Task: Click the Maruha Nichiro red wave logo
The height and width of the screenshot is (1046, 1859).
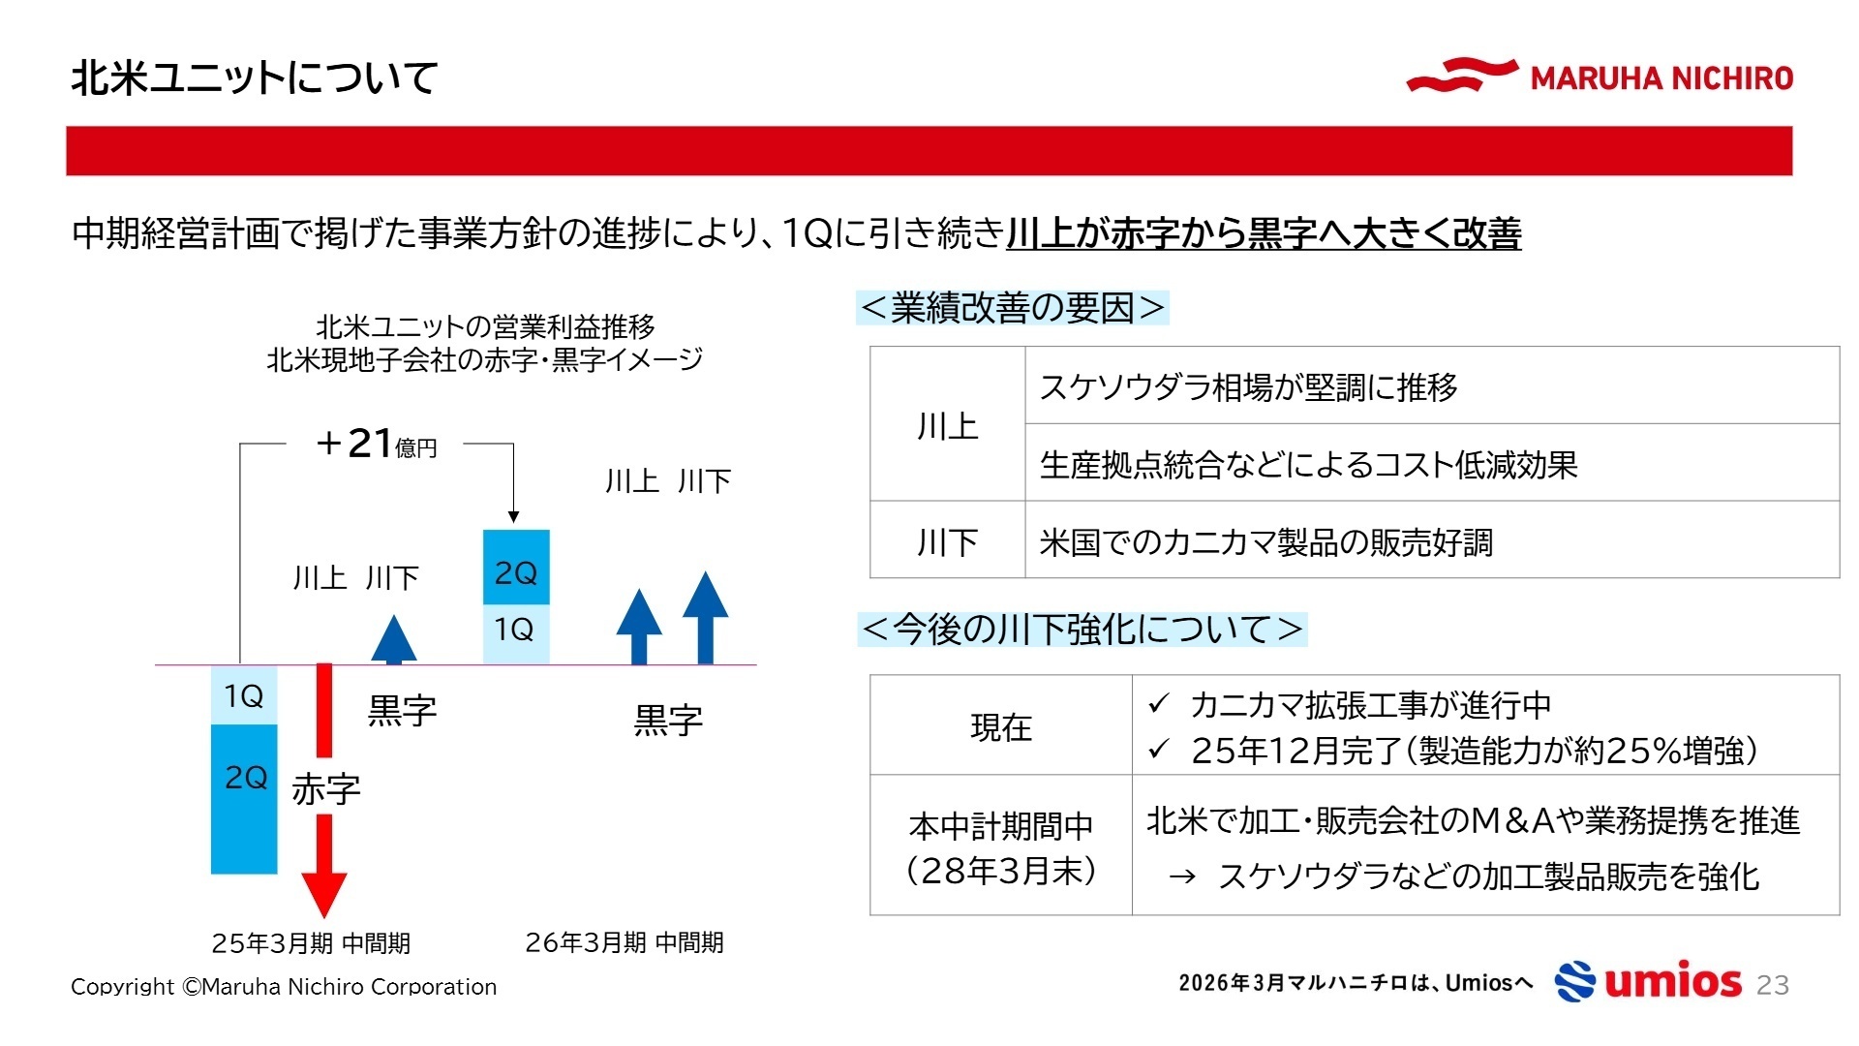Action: click(1461, 75)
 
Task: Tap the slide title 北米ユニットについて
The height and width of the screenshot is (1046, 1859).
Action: click(255, 77)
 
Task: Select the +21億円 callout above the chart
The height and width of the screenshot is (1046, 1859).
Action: click(377, 444)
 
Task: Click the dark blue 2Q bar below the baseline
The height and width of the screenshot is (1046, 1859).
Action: click(244, 798)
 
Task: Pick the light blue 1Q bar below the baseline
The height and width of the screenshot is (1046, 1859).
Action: click(244, 695)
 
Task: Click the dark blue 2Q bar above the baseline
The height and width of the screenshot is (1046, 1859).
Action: click(516, 568)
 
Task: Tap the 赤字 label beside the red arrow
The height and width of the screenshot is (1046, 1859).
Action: click(326, 790)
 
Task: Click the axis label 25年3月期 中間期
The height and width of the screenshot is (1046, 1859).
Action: click(311, 942)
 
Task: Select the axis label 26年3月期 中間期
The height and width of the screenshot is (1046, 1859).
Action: click(625, 942)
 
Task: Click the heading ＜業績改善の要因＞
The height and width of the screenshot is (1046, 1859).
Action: click(1013, 308)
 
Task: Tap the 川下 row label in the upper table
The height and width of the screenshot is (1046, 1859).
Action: click(947, 541)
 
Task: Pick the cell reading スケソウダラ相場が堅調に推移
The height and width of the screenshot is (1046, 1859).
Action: click(1248, 387)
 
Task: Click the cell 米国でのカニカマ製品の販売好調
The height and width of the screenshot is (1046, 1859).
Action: click(1265, 542)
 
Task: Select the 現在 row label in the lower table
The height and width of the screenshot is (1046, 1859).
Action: click(1001, 726)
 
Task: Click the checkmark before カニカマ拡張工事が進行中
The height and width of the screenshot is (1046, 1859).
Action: click(1159, 703)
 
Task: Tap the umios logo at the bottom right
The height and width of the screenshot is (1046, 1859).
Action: click(1648, 981)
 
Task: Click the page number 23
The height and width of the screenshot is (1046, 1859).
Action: click(1773, 985)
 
